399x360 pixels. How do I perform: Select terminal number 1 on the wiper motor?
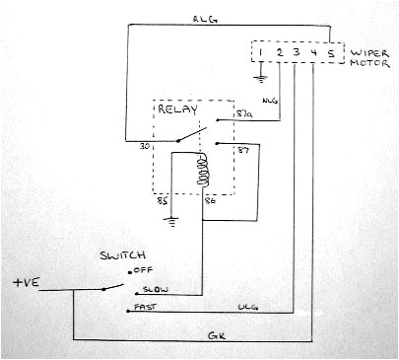point(262,50)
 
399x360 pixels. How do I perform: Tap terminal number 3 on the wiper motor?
point(297,50)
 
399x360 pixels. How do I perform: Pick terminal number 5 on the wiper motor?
point(331,50)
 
